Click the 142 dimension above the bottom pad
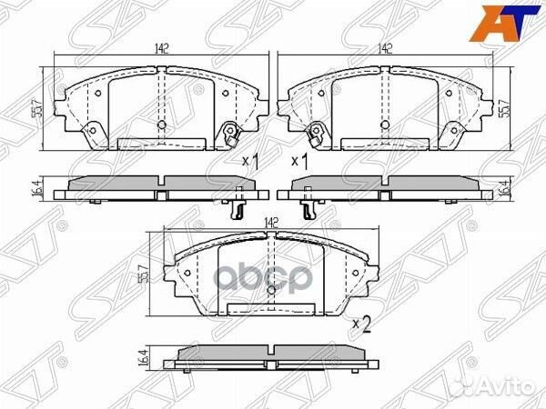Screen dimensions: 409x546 coord(270,221)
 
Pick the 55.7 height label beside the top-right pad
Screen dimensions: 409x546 coord(504,109)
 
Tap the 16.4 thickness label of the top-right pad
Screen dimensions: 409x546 coord(504,188)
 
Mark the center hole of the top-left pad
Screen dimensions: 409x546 coord(161,125)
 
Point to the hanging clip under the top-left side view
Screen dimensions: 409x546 coord(237,207)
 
